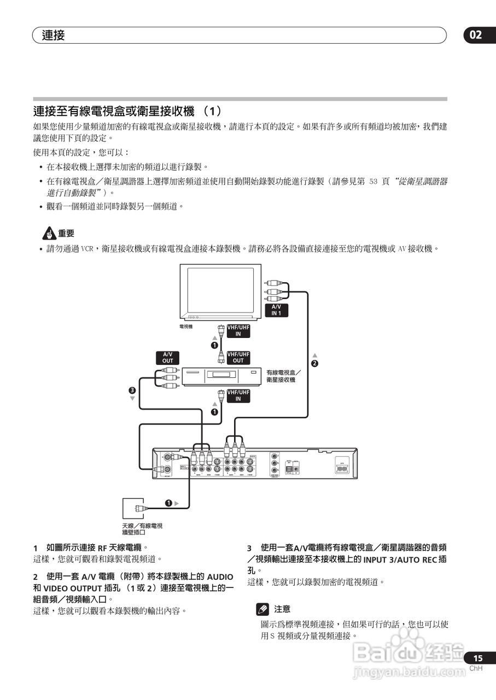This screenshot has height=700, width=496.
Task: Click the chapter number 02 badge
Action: click(476, 35)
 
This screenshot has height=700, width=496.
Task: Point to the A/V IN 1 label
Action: click(276, 310)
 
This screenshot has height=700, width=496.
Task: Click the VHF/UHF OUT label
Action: click(238, 357)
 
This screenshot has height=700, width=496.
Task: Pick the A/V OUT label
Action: click(167, 357)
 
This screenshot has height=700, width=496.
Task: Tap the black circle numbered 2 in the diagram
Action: click(314, 364)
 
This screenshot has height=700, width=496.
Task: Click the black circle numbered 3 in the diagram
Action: click(132, 390)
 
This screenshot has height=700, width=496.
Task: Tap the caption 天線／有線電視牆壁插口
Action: click(142, 529)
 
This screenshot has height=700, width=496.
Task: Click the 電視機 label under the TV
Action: click(186, 326)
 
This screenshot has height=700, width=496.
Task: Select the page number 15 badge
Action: click(477, 658)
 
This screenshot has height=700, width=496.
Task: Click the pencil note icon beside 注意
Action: click(263, 609)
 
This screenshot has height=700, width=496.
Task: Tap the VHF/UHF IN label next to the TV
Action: click(238, 330)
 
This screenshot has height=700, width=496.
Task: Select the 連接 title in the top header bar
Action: click(53, 36)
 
